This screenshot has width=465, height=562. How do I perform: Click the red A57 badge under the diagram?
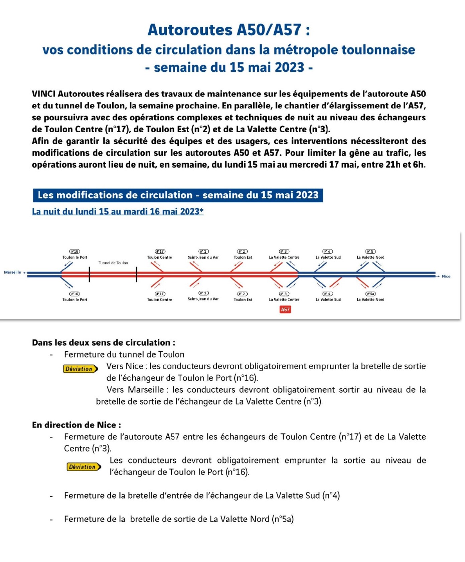pyautogui.click(x=285, y=310)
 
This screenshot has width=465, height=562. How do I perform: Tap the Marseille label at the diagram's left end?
pyautogui.click(x=12, y=272)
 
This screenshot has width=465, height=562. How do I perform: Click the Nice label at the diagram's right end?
pyautogui.click(x=446, y=276)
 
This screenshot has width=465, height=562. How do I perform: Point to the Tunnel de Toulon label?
pyautogui.click(x=113, y=263)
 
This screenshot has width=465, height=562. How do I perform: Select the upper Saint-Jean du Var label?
pyautogui.click(x=203, y=257)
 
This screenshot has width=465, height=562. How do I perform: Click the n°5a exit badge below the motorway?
pyautogui.click(x=370, y=294)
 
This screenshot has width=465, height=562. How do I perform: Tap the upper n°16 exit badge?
pyautogui.click(x=74, y=251)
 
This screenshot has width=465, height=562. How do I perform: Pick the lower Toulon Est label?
pyautogui.click(x=243, y=300)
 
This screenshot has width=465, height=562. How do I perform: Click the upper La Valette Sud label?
pyautogui.click(x=328, y=257)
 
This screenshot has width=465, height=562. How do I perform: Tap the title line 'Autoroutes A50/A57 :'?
pyautogui.click(x=229, y=30)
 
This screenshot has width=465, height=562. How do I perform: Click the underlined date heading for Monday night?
pyautogui.click(x=118, y=211)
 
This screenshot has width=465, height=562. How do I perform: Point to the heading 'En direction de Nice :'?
pyautogui.click(x=76, y=425)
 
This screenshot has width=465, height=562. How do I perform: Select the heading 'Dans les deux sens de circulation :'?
pyautogui.click(x=104, y=343)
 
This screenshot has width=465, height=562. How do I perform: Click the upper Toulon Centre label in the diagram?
pyautogui.click(x=159, y=257)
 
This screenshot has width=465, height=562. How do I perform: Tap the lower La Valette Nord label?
pyautogui.click(x=370, y=300)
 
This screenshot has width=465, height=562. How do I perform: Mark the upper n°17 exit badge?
pyautogui.click(x=160, y=251)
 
